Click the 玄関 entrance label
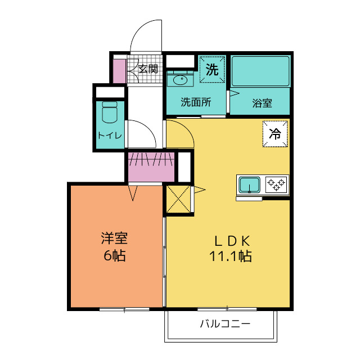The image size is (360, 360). (x=148, y=69)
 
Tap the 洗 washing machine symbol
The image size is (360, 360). (x=211, y=70)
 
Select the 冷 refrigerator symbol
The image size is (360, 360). (x=275, y=134)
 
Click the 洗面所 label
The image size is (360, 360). (x=195, y=102)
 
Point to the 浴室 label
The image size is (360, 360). (x=262, y=103)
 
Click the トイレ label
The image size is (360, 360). (x=110, y=135)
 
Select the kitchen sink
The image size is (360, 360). (x=249, y=184)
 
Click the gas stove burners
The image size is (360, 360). (x=276, y=183)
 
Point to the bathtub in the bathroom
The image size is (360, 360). (x=260, y=72)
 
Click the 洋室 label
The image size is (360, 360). (x=114, y=238)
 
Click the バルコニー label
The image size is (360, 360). (x=224, y=324)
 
